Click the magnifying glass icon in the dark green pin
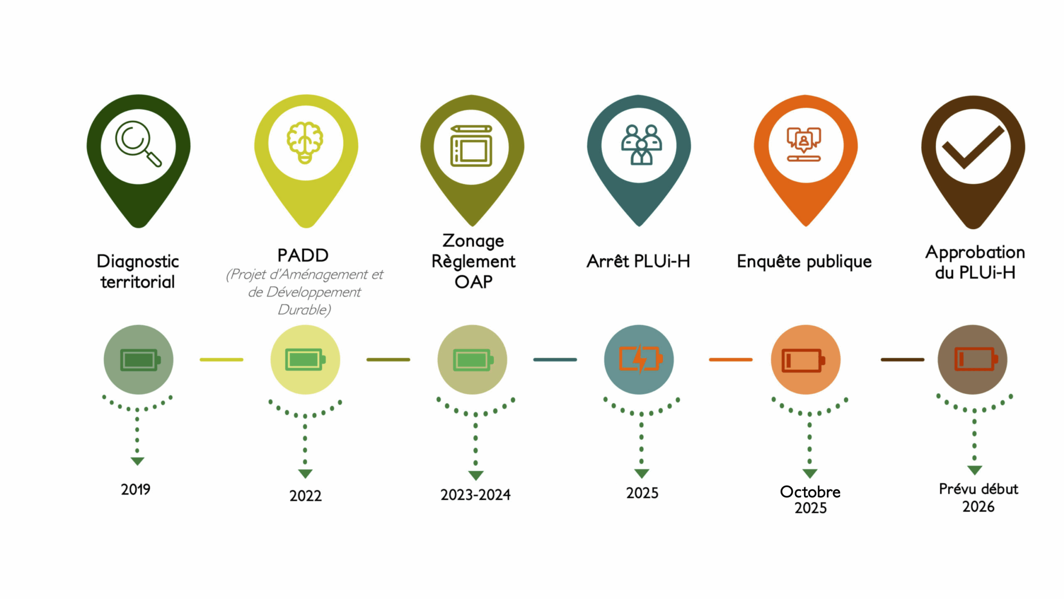coord(138,144)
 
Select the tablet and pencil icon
coord(471,146)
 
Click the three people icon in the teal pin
coord(641,144)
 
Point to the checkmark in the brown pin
coord(973,147)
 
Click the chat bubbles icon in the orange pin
coord(804,144)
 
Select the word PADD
coord(303,255)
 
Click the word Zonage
coord(473,241)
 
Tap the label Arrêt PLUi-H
coord(638,261)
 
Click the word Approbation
coord(975,252)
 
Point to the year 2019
coord(135,490)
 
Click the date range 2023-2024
coord(475,495)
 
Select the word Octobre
coord(810,492)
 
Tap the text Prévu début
coord(978,489)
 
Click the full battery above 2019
coord(140,359)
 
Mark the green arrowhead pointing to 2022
coord(305,474)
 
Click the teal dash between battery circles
coord(555,359)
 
